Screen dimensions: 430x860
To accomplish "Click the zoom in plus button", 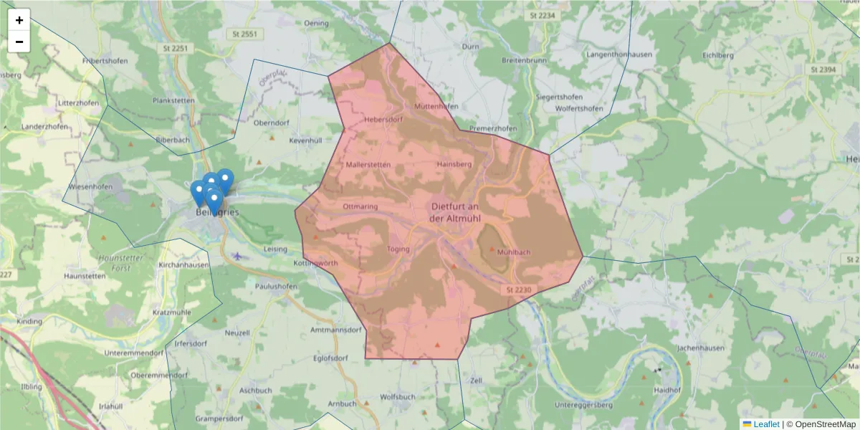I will (x=19, y=20).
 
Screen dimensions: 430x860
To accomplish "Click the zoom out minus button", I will (x=19, y=42).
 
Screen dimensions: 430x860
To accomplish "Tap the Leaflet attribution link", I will (x=765, y=424).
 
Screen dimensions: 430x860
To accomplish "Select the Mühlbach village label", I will (x=513, y=252).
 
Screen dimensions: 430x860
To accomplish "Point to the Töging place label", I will (x=398, y=249).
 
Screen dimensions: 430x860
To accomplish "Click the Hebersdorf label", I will (x=383, y=120).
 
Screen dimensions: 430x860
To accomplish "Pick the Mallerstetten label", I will (x=368, y=164).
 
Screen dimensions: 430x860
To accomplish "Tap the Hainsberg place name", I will (x=454, y=164).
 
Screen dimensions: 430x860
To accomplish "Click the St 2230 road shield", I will (x=518, y=290).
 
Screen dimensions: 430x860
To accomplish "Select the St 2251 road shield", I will (x=175, y=48).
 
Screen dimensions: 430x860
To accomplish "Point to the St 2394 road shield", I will (x=823, y=70).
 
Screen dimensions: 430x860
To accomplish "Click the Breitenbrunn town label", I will (x=524, y=60).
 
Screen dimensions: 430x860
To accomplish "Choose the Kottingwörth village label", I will (x=315, y=264).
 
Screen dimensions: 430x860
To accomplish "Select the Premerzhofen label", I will (x=492, y=128).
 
